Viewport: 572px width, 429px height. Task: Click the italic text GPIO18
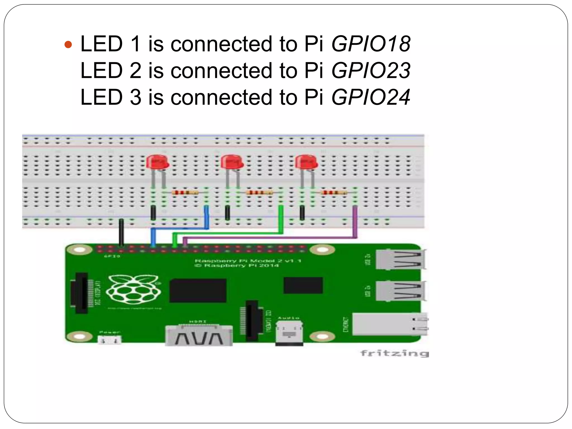coord(371,44)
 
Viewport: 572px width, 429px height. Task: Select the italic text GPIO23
coord(371,70)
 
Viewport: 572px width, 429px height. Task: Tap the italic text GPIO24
coord(371,97)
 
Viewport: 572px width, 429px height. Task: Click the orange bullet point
coord(68,44)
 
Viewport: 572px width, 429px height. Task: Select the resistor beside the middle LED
coord(259,192)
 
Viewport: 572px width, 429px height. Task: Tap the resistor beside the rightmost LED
coord(334,192)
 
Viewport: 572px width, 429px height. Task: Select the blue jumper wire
coord(206,218)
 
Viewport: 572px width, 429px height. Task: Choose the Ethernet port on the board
coord(390,324)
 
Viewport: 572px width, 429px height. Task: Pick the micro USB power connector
coord(109,340)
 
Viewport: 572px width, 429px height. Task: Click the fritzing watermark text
coord(394,353)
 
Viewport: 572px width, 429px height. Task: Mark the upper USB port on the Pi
coord(400,259)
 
